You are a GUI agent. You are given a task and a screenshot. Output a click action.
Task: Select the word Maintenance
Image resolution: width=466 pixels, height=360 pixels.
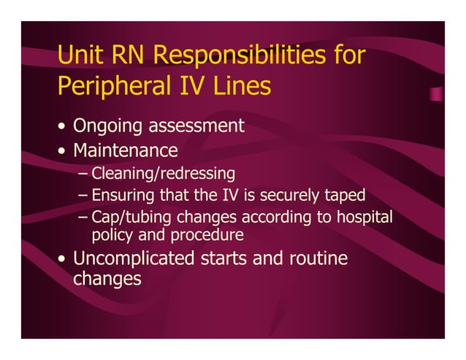click(125, 150)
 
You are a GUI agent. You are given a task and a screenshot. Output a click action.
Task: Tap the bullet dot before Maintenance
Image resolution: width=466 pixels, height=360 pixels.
click(63, 152)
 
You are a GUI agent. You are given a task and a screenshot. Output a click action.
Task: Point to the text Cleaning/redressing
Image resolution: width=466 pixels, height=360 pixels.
click(163, 174)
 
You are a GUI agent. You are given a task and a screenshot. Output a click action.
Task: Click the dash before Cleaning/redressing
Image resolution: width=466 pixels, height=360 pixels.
click(83, 174)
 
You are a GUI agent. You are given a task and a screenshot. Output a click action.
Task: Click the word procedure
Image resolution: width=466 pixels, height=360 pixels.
click(207, 235)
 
